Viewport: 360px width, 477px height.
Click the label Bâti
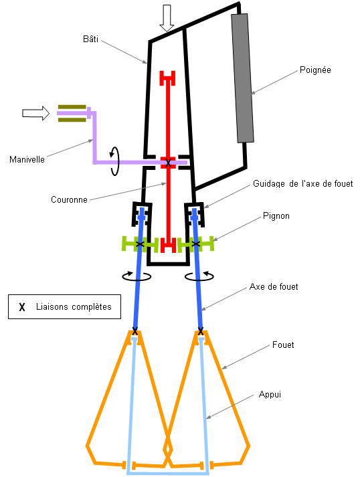(x=90, y=39)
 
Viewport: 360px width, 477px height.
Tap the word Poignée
(x=315, y=70)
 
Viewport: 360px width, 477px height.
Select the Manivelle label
(x=27, y=159)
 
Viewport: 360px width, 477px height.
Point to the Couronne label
(x=69, y=199)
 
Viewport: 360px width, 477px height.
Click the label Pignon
(x=276, y=216)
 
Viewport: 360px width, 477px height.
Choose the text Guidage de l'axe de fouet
(x=303, y=184)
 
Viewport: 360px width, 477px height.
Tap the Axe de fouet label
(x=274, y=286)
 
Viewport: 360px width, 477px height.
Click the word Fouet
(x=283, y=345)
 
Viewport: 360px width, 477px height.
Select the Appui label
(x=270, y=395)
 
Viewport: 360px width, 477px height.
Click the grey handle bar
(x=242, y=78)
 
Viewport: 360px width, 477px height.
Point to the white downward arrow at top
(x=167, y=18)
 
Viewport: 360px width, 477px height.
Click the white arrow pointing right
(x=35, y=113)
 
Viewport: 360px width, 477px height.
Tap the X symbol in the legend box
(x=22, y=307)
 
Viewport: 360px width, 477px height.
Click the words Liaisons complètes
(x=74, y=306)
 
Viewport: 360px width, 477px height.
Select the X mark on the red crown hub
(x=168, y=163)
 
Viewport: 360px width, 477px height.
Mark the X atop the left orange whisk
(x=135, y=331)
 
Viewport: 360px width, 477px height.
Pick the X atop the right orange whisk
(x=201, y=331)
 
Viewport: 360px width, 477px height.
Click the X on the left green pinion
(x=140, y=244)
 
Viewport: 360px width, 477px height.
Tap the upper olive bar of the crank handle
(x=72, y=107)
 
